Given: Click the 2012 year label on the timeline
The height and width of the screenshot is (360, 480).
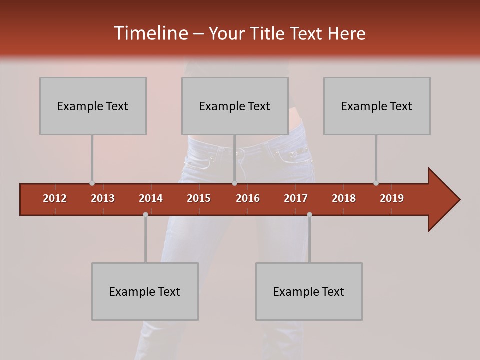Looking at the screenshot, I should (x=55, y=198).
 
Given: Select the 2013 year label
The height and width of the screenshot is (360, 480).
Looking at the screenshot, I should (x=103, y=198).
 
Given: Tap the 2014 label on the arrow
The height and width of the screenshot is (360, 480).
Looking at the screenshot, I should (x=151, y=198).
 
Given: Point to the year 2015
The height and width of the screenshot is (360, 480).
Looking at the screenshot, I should (x=199, y=198).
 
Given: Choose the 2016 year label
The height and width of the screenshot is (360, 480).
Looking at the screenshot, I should (x=248, y=198).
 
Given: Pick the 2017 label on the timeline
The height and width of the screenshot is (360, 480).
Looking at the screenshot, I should (x=296, y=198).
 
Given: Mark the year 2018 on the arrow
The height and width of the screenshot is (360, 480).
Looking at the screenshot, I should (x=344, y=198).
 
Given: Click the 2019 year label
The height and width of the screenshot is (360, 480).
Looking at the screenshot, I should (x=392, y=198).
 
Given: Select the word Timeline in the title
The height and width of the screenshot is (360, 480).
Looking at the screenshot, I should (x=151, y=33).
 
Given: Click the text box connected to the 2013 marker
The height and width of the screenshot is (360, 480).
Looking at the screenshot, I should (x=93, y=106).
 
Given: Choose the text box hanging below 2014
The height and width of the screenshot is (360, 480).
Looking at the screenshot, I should (x=145, y=291).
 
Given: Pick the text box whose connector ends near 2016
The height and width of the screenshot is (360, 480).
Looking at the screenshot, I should (x=235, y=106).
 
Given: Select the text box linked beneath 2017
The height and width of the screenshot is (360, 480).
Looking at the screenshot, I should (x=309, y=291).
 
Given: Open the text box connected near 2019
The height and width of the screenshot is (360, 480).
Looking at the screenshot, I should (x=377, y=106).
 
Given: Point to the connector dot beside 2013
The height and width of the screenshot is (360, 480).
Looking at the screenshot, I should (x=92, y=183).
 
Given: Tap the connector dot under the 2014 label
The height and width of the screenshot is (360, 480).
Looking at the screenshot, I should (x=145, y=214).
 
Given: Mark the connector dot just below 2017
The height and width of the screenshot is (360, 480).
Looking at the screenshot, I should (x=309, y=214).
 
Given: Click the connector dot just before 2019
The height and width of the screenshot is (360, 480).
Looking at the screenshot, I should (x=376, y=183).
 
